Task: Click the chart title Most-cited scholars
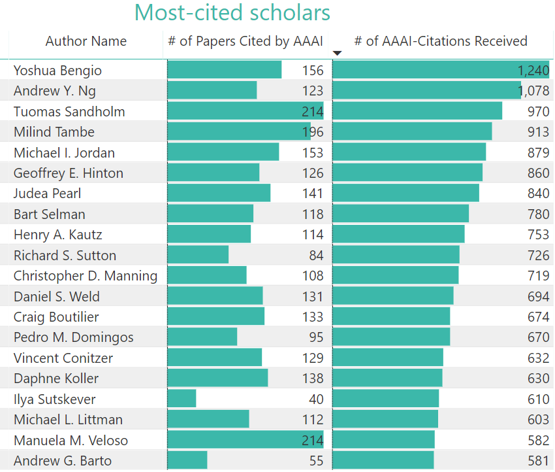click(232, 13)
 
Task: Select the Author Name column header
click(86, 41)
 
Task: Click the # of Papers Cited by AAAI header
click(246, 41)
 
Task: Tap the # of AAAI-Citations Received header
click(441, 41)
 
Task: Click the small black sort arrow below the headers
click(337, 54)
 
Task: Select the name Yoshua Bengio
click(57, 71)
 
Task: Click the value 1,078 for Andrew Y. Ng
click(533, 91)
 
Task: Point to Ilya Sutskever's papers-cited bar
click(182, 399)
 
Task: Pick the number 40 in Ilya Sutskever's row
click(315, 399)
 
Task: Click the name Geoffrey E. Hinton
click(68, 173)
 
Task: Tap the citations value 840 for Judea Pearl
click(538, 194)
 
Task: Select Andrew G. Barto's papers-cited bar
click(187, 460)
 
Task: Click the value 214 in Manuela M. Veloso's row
click(312, 440)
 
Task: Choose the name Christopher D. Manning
click(85, 276)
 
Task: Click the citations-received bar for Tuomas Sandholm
click(417, 111)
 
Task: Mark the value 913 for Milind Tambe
click(538, 132)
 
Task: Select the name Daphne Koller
click(56, 379)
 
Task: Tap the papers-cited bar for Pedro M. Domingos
click(202, 337)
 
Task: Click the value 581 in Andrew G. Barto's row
click(538, 461)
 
